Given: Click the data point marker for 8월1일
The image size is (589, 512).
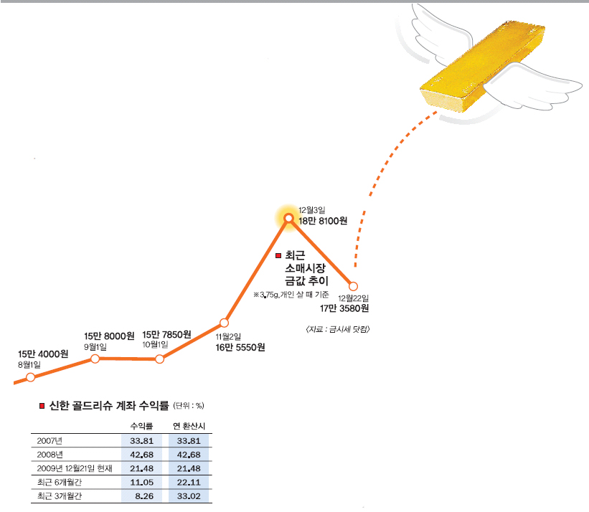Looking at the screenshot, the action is coord(30,377).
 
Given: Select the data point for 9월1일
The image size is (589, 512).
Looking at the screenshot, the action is coord(95,359).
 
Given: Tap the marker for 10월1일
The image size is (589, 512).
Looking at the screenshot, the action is coord(159,359).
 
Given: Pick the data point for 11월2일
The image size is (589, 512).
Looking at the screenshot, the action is coord(224,323).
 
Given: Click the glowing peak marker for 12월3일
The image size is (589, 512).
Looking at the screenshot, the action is coord(288,218).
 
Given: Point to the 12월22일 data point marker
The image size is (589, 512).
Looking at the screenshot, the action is coord(353,286).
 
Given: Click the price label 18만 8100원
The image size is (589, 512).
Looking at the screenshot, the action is coord(323,221).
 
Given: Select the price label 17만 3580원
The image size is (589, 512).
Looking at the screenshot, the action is coord(344,308).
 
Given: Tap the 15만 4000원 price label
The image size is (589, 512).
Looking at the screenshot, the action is coord(43,354).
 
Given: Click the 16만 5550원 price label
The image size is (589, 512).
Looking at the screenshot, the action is coord(240,347).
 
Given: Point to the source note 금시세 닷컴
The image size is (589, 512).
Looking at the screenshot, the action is coord(338,329).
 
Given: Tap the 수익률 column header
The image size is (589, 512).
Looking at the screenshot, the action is coord(141,426).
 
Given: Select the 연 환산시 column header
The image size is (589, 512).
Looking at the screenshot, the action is coord(189,426).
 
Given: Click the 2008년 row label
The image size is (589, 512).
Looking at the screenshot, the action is coord(50,455).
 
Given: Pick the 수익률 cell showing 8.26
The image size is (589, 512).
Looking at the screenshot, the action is coord(144,496).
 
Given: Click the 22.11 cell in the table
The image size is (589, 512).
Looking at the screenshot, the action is coord(189,483).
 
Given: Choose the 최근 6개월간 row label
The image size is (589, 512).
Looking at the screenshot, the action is coord(60,483).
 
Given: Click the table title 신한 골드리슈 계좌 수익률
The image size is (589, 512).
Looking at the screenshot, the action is coord(109,405).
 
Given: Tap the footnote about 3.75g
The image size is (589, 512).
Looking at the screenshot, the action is coord(291,295).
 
